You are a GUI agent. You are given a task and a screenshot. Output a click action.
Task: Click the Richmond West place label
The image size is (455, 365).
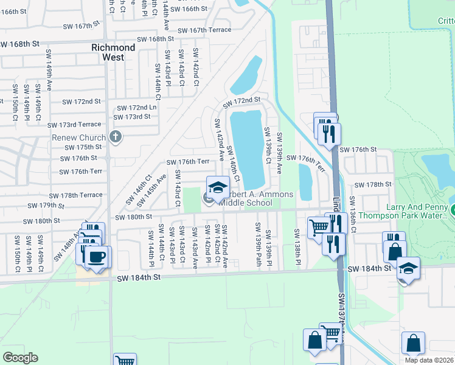click(113, 52)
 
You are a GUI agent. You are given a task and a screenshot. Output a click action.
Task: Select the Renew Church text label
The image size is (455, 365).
click(79, 137)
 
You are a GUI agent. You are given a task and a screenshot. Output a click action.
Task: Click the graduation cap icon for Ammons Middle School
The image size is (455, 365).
click(218, 187)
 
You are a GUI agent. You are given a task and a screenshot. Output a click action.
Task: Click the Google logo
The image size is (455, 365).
click(20, 358)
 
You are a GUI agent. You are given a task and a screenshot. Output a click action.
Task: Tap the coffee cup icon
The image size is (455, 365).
click(97, 256)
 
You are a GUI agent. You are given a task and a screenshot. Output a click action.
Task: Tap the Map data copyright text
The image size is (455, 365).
click(429, 360)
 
